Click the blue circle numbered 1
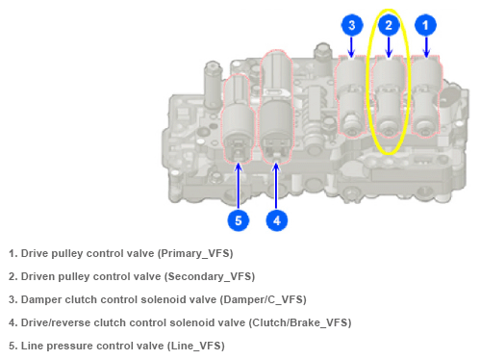425,25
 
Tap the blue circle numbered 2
389,25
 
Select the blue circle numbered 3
352,25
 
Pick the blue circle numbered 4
277,220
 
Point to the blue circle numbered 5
239,220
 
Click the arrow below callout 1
426,47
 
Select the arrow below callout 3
351,47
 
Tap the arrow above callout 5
239,186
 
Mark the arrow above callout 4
276,186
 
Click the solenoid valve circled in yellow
389,96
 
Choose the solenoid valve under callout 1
426,96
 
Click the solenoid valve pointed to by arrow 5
238,118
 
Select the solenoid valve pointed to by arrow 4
276,108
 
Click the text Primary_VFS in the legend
195,253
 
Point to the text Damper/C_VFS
263,299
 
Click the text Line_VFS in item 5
195,346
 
